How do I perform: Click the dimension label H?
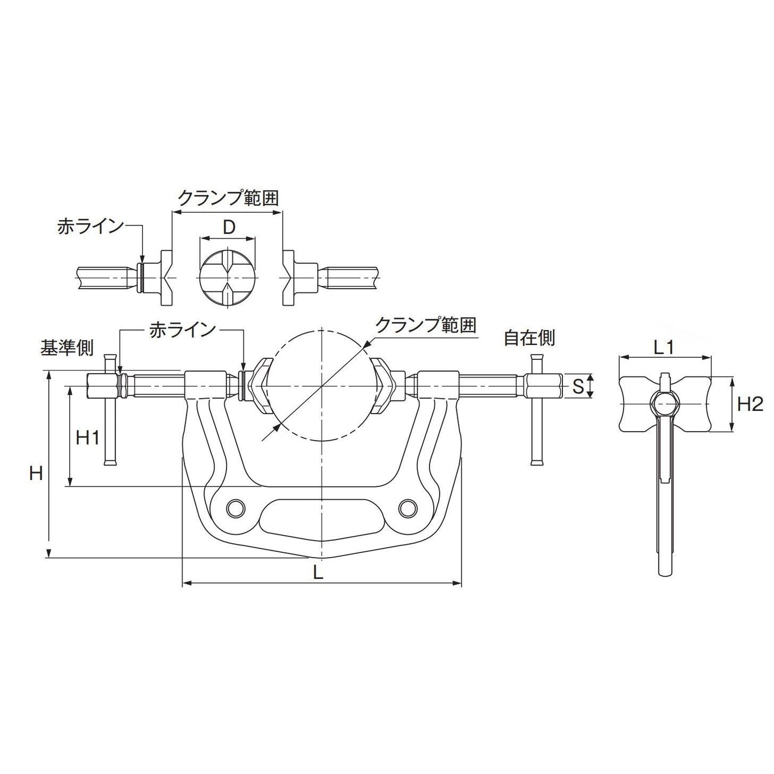(x=35, y=473)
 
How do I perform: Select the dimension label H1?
(x=87, y=438)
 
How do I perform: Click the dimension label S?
(x=578, y=387)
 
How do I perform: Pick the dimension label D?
(x=229, y=228)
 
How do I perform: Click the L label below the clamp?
(x=318, y=574)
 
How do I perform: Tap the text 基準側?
(x=67, y=348)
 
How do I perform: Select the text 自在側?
(x=529, y=338)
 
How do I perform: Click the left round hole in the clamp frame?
(x=235, y=507)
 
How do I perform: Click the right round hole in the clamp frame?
(x=408, y=507)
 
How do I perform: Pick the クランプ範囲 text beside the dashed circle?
(x=426, y=325)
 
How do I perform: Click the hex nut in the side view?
(x=665, y=402)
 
